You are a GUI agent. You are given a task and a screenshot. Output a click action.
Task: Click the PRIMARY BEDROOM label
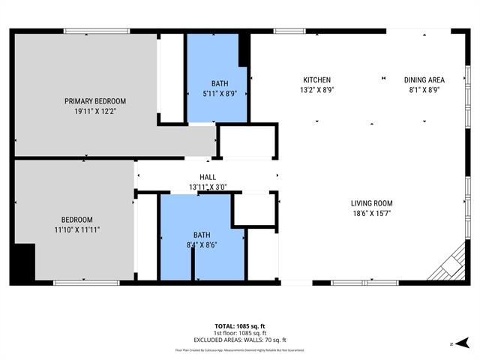click(x=95, y=101)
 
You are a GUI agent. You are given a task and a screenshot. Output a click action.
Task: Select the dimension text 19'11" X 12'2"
click(x=95, y=111)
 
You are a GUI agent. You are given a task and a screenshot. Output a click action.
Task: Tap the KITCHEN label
click(x=316, y=80)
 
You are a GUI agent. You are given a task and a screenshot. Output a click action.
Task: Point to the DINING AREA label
click(x=424, y=80)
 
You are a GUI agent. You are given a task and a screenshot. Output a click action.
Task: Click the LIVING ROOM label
click(x=372, y=203)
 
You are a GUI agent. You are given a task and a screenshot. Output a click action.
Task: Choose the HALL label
click(x=208, y=177)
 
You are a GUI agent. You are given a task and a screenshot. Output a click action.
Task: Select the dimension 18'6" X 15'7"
click(x=372, y=214)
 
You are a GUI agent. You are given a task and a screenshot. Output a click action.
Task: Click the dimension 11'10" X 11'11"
click(x=76, y=229)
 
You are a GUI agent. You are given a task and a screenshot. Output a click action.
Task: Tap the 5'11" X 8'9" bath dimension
click(x=220, y=94)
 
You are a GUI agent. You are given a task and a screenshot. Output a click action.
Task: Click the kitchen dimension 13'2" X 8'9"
click(x=316, y=90)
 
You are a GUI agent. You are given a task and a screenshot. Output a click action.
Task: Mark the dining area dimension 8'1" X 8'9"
click(x=424, y=90)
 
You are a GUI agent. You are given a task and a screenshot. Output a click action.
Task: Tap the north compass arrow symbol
click(x=452, y=343)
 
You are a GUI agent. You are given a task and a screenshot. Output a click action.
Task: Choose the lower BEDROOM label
click(x=76, y=219)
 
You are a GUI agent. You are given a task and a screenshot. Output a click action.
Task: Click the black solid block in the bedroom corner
click(x=25, y=262)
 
